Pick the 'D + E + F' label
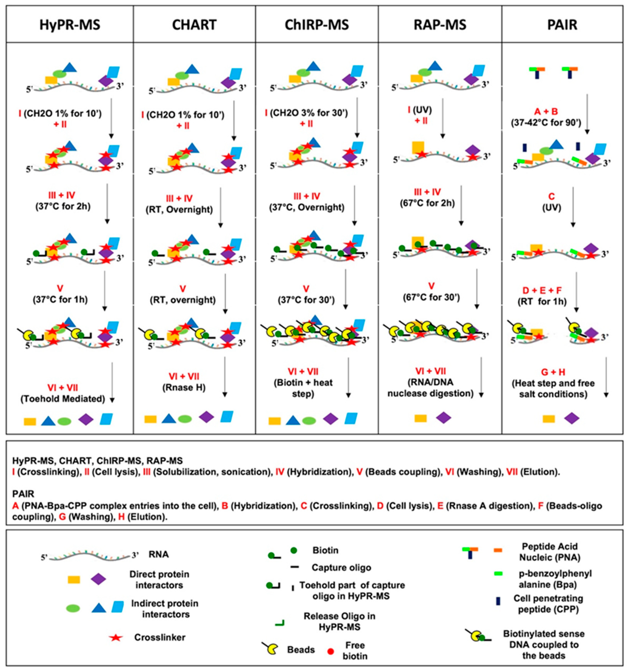[x=542, y=290]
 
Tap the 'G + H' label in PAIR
[x=553, y=372]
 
